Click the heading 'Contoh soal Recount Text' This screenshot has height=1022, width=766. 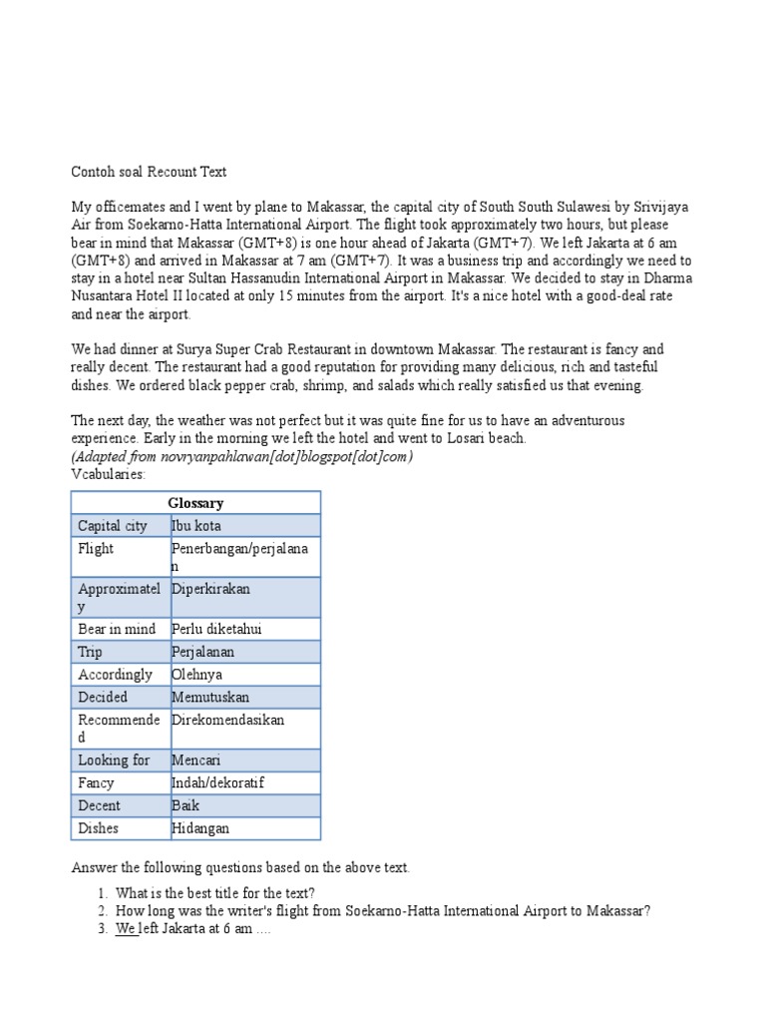149,172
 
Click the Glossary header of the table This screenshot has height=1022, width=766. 195,503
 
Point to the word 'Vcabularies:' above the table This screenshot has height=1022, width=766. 109,473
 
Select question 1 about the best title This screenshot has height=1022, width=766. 215,892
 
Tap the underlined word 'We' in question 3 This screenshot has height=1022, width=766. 126,928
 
